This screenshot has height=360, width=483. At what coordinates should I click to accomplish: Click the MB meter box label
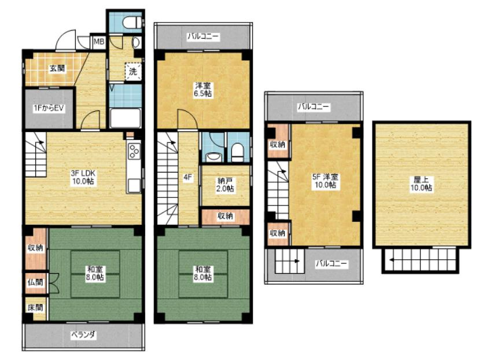pos(99,41)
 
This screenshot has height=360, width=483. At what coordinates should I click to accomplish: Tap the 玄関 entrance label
pos(57,68)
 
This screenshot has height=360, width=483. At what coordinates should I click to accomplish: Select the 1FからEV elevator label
pos(49,108)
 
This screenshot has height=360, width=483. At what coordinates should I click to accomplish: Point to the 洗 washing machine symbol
pos(133,72)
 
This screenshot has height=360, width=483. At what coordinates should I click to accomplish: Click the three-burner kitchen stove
pos(134,151)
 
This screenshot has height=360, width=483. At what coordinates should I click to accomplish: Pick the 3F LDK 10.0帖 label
pos(83,177)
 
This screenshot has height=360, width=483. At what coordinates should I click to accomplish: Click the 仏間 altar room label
pos(35,282)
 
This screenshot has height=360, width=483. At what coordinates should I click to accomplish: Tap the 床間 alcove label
pos(35,307)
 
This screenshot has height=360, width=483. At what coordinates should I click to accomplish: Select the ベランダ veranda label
pos(84,335)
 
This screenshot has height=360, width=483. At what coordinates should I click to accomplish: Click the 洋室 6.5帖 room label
pos(202,89)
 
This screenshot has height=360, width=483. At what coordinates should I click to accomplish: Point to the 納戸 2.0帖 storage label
pos(224,185)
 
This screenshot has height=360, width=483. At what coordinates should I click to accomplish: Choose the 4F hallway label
pos(188,178)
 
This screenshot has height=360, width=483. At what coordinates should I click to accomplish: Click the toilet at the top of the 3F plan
pos(132,22)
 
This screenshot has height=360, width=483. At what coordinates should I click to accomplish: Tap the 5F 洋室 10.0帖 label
pos(325,181)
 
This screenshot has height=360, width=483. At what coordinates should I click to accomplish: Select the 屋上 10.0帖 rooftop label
pos(421,184)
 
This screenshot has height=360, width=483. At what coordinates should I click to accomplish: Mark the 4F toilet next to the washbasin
pos(237,153)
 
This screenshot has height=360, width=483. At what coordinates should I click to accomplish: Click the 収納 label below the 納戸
pos(226,216)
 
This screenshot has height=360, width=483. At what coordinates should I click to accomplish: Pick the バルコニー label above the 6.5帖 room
pos(203,36)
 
